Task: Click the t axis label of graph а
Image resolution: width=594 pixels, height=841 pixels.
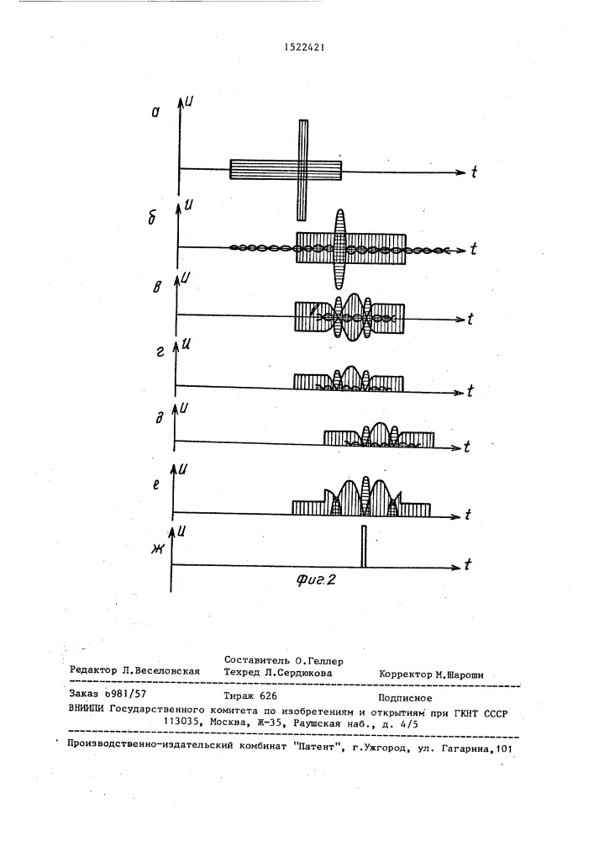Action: click(x=475, y=172)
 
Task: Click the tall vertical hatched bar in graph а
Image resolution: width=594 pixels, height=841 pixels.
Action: click(x=303, y=168)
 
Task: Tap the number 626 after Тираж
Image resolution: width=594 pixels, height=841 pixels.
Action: click(x=265, y=697)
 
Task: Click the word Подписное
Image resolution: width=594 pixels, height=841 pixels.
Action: click(x=407, y=698)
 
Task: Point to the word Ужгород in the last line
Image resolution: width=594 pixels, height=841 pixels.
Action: click(x=383, y=748)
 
